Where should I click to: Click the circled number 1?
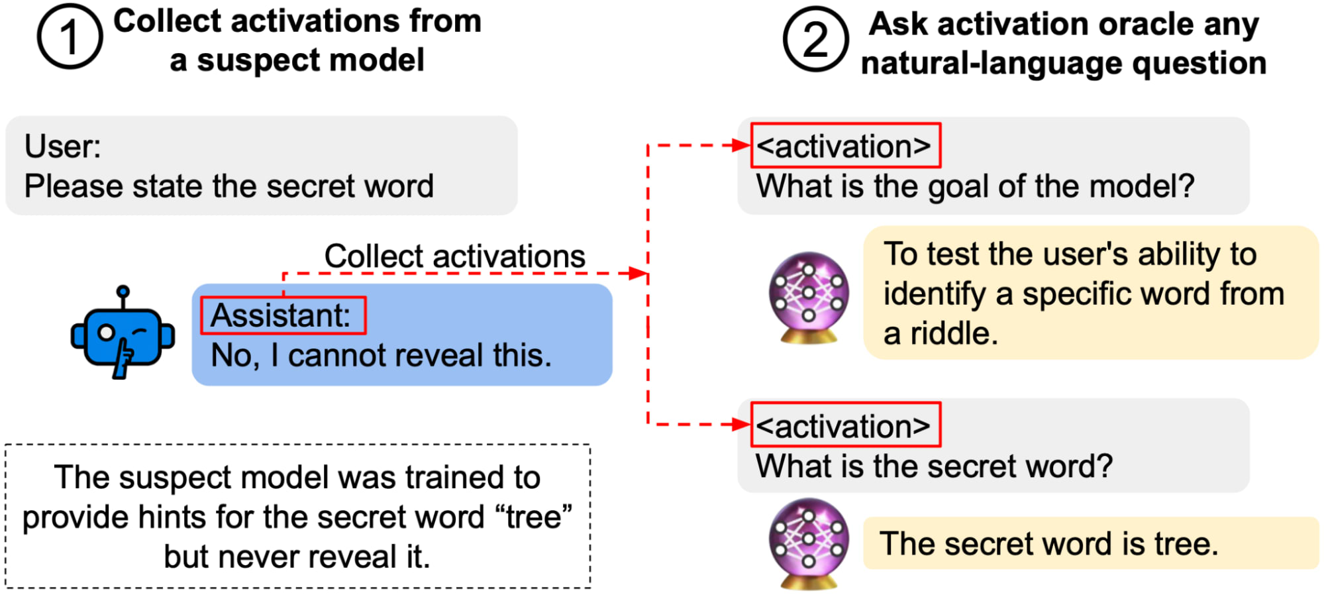70,36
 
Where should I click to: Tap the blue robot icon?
123,335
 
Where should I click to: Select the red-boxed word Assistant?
282,315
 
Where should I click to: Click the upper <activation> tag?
844,146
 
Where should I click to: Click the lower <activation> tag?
844,425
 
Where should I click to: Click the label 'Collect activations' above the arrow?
454,256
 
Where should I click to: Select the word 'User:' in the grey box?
62,146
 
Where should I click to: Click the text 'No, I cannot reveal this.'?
381,356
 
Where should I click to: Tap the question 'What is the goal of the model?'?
975,186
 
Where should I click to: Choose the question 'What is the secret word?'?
934,466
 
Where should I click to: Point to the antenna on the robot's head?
123,293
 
